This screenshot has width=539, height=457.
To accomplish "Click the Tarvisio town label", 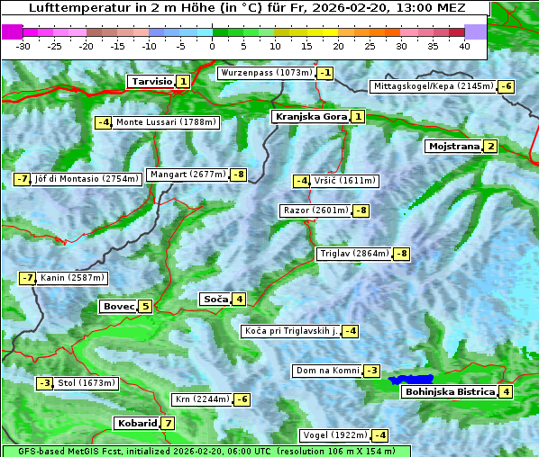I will [x=151, y=82].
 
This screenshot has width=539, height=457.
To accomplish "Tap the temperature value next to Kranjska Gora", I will [x=358, y=117].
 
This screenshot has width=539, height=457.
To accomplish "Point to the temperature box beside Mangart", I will [x=239, y=175].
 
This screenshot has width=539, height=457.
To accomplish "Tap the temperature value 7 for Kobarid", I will [x=168, y=424].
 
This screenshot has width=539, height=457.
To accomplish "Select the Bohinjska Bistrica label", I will [x=450, y=392].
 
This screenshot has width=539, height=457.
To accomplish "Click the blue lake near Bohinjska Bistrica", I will [x=411, y=381].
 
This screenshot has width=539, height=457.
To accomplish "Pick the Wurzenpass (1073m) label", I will [x=266, y=73].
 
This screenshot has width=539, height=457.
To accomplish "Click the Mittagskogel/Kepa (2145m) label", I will [x=434, y=86].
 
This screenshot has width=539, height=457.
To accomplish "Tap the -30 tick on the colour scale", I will [x=23, y=46].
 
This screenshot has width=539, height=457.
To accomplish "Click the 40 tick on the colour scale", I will [x=464, y=46].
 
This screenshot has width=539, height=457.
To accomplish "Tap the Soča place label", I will [x=215, y=300].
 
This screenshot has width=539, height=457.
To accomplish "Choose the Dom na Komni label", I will [x=327, y=371].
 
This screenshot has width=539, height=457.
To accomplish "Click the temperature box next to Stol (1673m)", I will [x=44, y=383].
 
